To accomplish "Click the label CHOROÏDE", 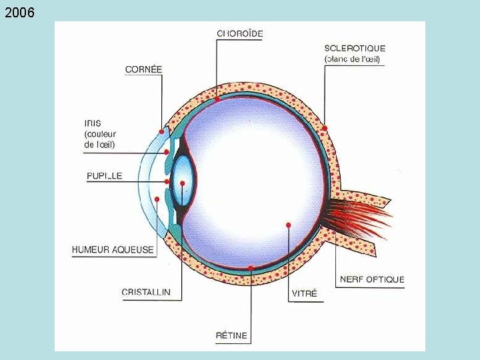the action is point(240,33).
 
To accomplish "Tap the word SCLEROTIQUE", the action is point(355,48).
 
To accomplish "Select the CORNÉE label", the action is point(143,69).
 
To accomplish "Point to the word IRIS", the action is point(93,123).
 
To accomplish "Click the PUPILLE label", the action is point(105,176).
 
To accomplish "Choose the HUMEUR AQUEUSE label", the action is point(113,249).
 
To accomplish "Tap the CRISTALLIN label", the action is point(146,292).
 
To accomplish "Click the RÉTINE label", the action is point(231,335).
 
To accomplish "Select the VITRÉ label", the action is point(304,293).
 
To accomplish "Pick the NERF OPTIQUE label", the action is point(372,279).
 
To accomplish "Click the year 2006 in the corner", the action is point(19,13).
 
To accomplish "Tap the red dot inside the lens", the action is point(183,183).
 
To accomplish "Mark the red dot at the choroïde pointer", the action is point(217,99).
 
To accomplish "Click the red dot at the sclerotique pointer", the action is point(325,128).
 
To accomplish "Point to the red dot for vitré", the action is point(288,225).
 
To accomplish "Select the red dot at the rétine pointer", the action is point(251,269).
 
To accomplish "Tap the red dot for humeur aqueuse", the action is point(157,199).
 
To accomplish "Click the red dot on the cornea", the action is point(161,131).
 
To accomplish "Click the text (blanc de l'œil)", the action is point(352,59).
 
